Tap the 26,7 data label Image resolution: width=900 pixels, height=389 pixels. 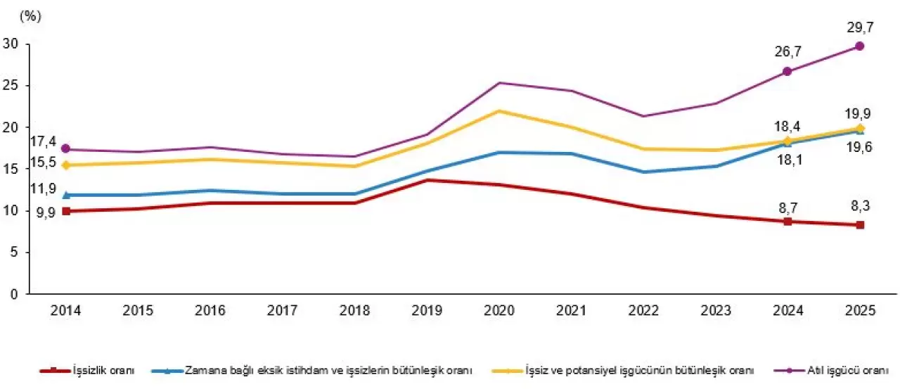point(787,51)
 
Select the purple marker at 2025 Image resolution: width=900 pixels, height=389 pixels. point(859,46)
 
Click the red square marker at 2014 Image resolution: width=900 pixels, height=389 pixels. point(66,211)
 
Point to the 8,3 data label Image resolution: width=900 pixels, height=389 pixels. point(859,207)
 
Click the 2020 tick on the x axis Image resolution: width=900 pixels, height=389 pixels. point(500,311)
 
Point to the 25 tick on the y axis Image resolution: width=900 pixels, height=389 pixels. point(11,86)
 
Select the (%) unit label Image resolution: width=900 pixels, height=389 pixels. point(32,17)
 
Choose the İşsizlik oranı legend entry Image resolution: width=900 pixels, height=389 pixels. point(103,370)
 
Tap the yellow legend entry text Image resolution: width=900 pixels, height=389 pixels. point(640,370)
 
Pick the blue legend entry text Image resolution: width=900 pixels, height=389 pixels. point(328,370)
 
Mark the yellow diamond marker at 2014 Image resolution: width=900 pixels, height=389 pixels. point(66,165)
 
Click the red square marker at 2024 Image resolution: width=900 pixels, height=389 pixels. point(787,222)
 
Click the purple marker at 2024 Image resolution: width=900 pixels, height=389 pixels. point(787,72)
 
